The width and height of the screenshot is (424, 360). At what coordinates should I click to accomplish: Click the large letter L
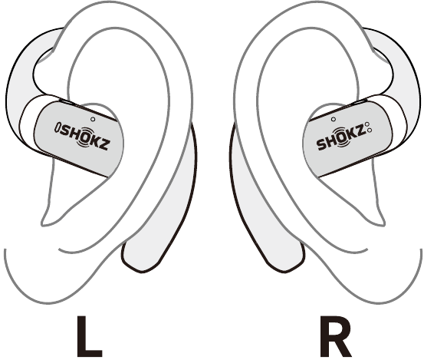pos(89,336)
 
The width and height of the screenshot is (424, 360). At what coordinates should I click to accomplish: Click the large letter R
pos(335,336)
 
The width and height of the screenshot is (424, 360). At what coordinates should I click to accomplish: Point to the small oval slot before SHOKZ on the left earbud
pos(57,127)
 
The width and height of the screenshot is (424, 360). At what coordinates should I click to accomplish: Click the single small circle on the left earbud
pos(93,119)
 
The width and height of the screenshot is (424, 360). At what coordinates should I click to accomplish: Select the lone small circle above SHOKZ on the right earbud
pos(334,119)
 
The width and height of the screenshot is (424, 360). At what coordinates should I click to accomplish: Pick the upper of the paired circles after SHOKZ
pos(367,124)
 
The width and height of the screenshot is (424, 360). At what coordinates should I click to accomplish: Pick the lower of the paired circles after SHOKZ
pos(370,130)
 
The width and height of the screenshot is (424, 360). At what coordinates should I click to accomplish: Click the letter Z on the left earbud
pos(104,145)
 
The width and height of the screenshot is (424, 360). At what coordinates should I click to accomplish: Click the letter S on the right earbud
pos(322,145)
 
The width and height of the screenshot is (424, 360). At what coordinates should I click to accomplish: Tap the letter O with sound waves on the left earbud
pos(83,137)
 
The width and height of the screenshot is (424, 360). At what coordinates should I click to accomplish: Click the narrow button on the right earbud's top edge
pos(359,102)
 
